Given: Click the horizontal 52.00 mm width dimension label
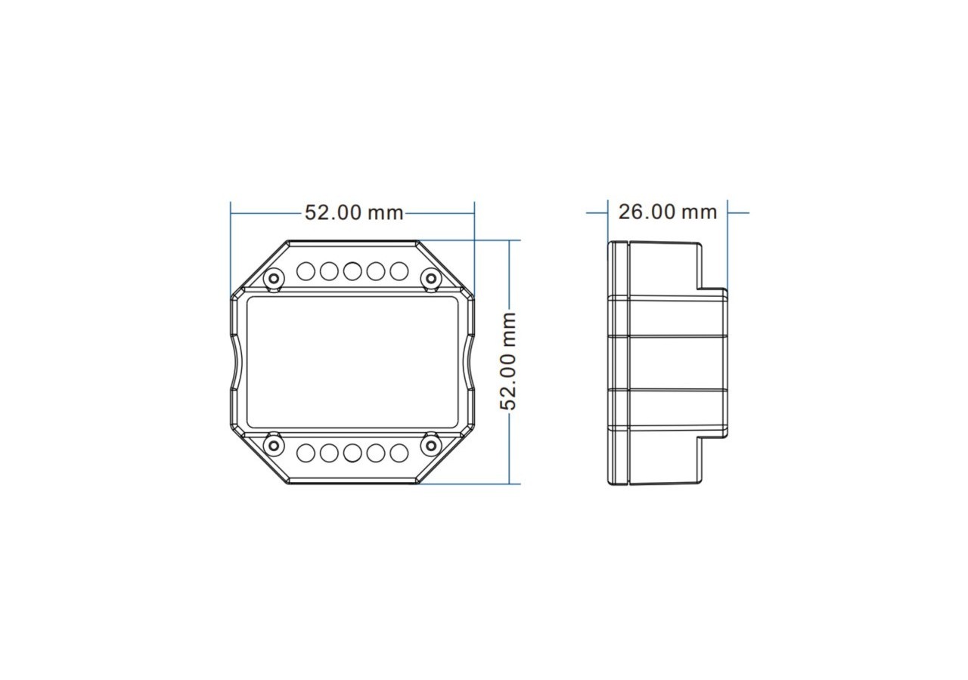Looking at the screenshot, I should click(x=354, y=212).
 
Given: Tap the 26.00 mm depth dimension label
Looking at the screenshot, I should click(x=667, y=212).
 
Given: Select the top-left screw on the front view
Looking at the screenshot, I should click(x=273, y=280).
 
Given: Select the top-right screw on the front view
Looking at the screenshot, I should click(x=431, y=280).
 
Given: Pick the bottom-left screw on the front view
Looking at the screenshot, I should click(x=273, y=446).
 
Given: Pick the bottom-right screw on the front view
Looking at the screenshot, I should click(x=431, y=446).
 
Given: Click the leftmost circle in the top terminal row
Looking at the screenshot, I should click(x=306, y=270).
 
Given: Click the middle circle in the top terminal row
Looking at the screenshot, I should click(x=352, y=270).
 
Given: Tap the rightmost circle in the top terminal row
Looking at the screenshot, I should click(x=399, y=270).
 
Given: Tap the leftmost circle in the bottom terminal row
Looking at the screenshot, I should click(x=306, y=453).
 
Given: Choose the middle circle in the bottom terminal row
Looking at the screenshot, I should click(x=352, y=453).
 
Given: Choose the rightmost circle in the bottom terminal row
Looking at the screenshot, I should click(x=399, y=453).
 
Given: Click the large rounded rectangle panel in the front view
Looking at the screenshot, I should click(x=352, y=362).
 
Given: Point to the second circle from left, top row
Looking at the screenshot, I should click(x=329, y=270).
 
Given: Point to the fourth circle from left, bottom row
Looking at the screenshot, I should click(x=376, y=453).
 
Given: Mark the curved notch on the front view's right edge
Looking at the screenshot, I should click(x=470, y=363).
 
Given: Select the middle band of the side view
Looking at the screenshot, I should click(x=677, y=363).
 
